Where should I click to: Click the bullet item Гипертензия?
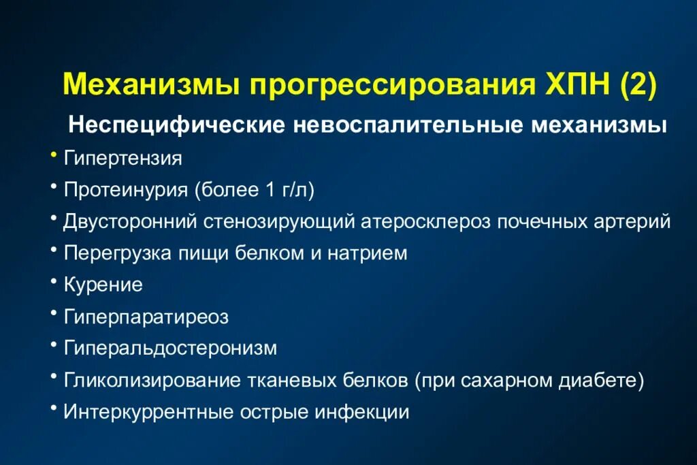tap(123, 159)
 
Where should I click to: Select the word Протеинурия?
tap(126, 190)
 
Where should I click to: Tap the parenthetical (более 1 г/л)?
tap(254, 190)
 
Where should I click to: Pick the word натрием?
tap(368, 253)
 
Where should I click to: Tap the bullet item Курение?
tap(103, 285)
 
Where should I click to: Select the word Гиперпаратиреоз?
tap(146, 317)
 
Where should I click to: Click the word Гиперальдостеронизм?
tap(171, 349)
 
